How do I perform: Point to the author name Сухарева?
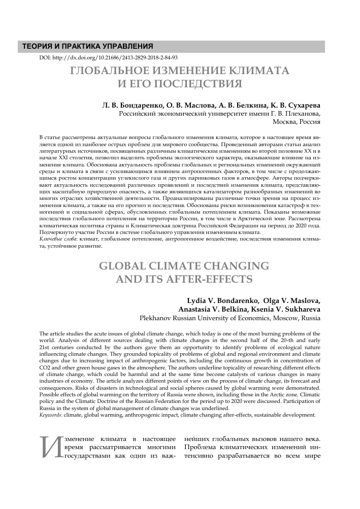pyautogui.click(x=303, y=106)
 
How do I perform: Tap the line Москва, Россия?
pyautogui.click(x=296, y=122)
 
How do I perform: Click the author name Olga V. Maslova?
pyautogui.click(x=292, y=300)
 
